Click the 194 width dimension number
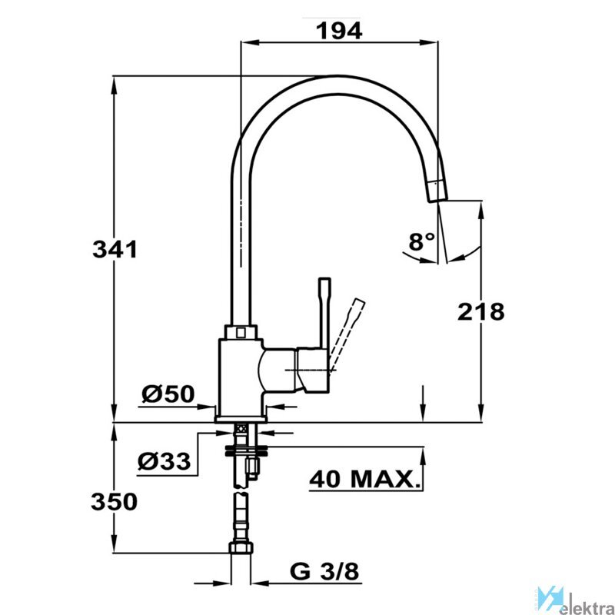point(339,32)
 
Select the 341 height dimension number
point(115,249)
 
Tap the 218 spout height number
point(481,312)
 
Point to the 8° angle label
point(421,241)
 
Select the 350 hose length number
point(114,502)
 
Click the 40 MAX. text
point(364,479)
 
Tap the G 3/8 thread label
point(324,572)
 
